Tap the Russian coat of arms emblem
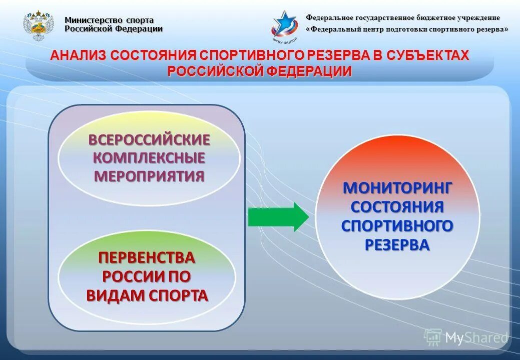[38, 26]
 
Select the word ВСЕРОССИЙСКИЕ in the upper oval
[149, 140]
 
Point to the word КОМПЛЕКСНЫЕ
[149, 158]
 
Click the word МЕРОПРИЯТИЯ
[149, 176]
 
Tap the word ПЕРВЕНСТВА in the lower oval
[146, 258]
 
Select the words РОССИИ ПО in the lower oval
[146, 276]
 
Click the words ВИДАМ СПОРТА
[147, 295]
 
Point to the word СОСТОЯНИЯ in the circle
[397, 206]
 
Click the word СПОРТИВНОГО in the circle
[397, 225]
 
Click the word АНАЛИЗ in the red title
[79, 55]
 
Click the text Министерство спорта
[109, 20]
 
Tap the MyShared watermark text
[476, 337]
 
